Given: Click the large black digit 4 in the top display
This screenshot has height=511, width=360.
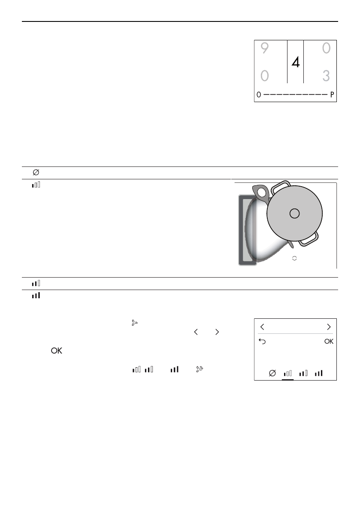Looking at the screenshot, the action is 296,62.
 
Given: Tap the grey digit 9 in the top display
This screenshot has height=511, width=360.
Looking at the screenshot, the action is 265,48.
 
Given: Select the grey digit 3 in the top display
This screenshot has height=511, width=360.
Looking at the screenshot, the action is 326,76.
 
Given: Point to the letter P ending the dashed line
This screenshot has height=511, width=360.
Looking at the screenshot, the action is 332,94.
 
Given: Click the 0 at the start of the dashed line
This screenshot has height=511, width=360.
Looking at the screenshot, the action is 259,94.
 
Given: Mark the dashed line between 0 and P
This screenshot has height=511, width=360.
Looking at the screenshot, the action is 295,94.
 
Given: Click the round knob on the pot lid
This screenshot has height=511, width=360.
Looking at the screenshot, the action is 294,214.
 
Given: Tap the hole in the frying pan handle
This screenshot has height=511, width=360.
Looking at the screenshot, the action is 261,193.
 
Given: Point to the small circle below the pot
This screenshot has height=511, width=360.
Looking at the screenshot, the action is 294,258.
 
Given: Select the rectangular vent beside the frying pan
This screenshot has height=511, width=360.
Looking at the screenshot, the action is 248,230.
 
